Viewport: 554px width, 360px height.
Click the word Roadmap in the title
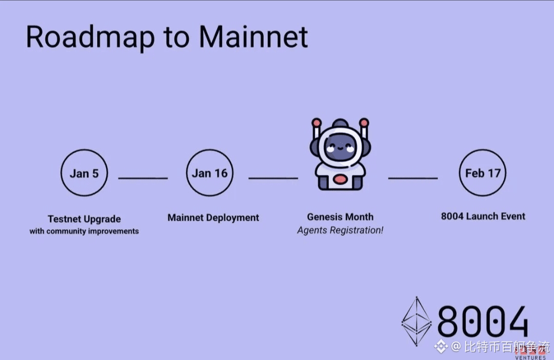coord(90,36)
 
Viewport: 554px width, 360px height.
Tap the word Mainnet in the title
coord(253,36)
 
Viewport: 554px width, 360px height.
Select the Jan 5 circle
coord(84,173)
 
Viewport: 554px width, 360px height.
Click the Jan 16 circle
coord(209,173)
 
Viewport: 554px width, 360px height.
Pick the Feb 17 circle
coord(482,173)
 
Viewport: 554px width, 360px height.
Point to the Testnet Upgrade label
coord(84,219)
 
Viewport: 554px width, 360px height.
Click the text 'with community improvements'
coord(84,231)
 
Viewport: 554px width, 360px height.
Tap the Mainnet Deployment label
coord(213,217)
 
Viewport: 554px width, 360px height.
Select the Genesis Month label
coord(340,217)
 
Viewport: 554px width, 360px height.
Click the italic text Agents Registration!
coord(340,230)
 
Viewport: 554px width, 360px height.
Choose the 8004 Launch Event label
coord(483,216)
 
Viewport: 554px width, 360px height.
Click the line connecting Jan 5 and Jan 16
coord(143,178)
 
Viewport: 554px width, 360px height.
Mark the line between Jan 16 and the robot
coord(273,178)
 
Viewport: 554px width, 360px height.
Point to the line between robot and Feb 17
coord(412,178)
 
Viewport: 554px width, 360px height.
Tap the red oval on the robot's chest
coord(340,179)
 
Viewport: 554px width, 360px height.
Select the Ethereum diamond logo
coord(416,321)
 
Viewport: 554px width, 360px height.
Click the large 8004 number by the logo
coord(483,322)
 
